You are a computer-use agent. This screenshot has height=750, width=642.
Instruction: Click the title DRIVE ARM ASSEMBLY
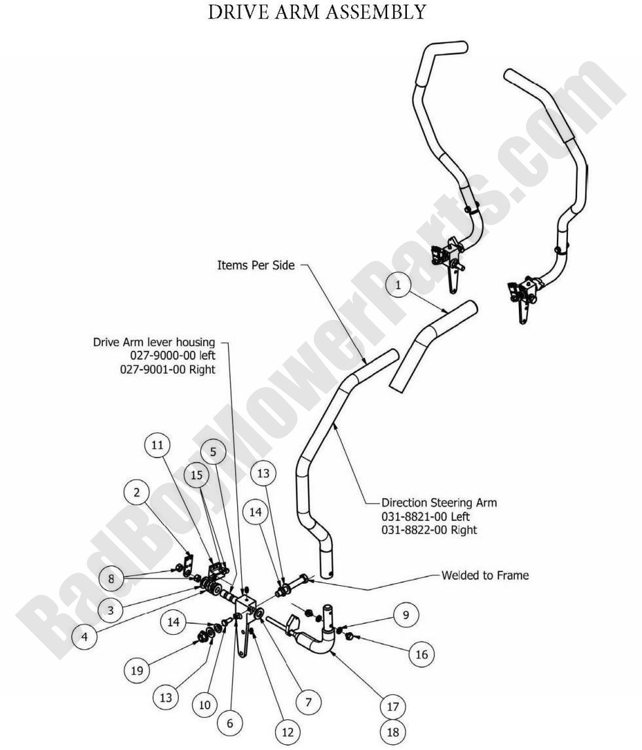click(x=316, y=12)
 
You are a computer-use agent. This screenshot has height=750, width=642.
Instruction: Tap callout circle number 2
click(x=136, y=493)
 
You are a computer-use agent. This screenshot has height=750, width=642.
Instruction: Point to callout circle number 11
click(x=157, y=446)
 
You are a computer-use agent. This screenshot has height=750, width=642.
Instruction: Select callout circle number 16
click(x=422, y=654)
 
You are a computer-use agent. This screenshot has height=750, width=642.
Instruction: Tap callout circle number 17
click(x=392, y=707)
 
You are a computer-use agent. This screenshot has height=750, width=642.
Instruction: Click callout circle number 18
click(x=392, y=732)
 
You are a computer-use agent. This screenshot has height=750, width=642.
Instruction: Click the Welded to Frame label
click(x=484, y=576)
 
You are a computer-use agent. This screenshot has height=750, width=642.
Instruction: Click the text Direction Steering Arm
click(x=439, y=503)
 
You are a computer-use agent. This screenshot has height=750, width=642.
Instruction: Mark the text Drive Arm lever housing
click(x=153, y=342)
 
